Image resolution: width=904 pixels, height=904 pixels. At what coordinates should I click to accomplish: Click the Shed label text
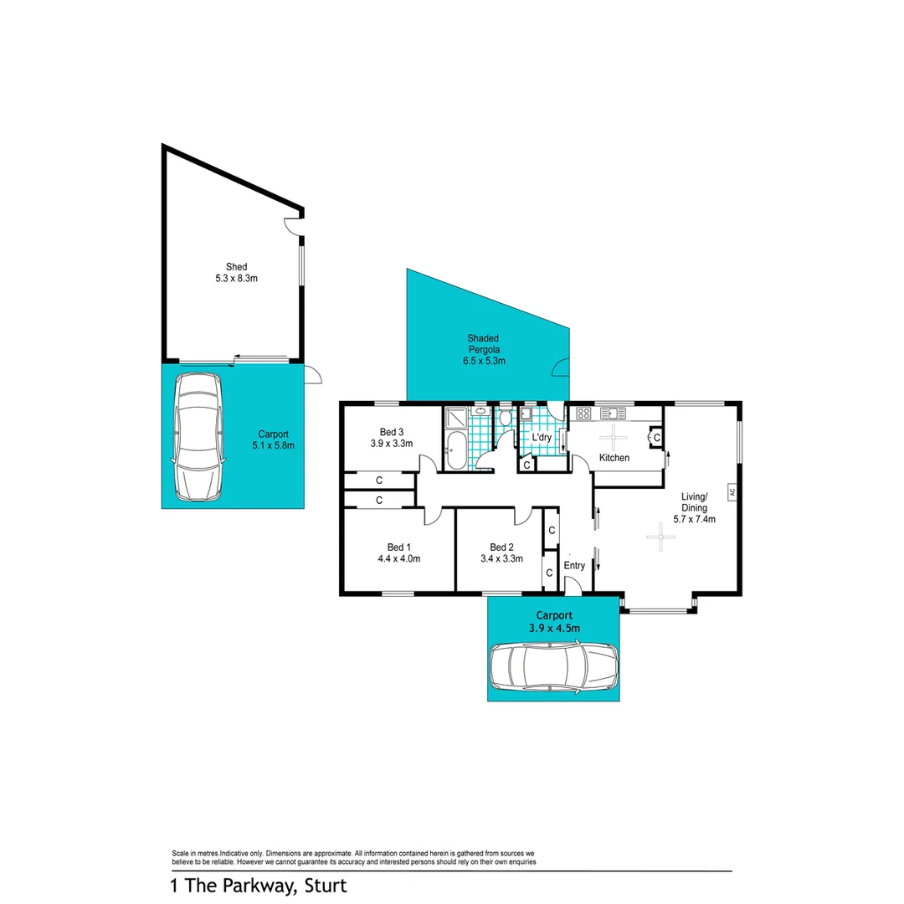(235, 267)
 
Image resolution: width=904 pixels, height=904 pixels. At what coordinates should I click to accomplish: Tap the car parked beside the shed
(198, 436)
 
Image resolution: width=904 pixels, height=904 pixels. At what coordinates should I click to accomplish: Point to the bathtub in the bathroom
(457, 453)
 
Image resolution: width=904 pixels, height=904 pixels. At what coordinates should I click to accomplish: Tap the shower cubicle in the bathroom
(457, 418)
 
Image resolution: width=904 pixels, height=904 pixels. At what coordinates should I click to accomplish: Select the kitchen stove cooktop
(583, 412)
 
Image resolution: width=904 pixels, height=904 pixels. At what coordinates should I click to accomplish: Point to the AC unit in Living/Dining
(731, 492)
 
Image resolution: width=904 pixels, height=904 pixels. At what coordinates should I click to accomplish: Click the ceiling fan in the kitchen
(615, 435)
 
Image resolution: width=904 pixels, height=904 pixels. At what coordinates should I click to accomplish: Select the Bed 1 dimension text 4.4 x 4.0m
(398, 558)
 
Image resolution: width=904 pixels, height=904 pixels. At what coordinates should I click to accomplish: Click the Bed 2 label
(501, 547)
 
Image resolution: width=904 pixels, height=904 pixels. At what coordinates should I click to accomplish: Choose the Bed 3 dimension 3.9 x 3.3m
(392, 444)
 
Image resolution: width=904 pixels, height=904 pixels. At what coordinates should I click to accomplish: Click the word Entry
(574, 566)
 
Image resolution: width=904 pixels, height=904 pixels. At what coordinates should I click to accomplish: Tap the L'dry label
(542, 437)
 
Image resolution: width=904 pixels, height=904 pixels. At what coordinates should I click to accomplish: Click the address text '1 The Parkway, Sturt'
(258, 885)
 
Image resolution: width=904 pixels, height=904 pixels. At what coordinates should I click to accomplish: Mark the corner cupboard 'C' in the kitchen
(656, 437)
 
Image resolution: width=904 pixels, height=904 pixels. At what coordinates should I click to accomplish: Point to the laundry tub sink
(526, 413)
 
